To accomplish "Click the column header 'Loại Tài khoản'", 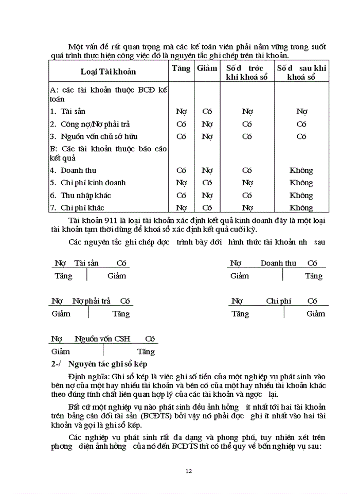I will click(108, 72).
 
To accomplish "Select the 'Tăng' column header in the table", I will click(181, 68).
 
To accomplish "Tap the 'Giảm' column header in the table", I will click(207, 68).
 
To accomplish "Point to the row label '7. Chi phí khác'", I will click(77, 208).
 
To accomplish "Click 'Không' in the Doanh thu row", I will click(301, 170).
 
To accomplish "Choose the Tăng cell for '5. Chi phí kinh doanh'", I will click(181, 183).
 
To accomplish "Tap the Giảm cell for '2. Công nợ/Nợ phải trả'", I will click(207, 124).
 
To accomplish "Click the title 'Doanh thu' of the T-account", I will click(278, 263).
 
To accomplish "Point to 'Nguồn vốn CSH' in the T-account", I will click(102, 339).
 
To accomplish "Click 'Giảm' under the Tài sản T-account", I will click(117, 276).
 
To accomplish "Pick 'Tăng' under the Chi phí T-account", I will click(240, 313).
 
